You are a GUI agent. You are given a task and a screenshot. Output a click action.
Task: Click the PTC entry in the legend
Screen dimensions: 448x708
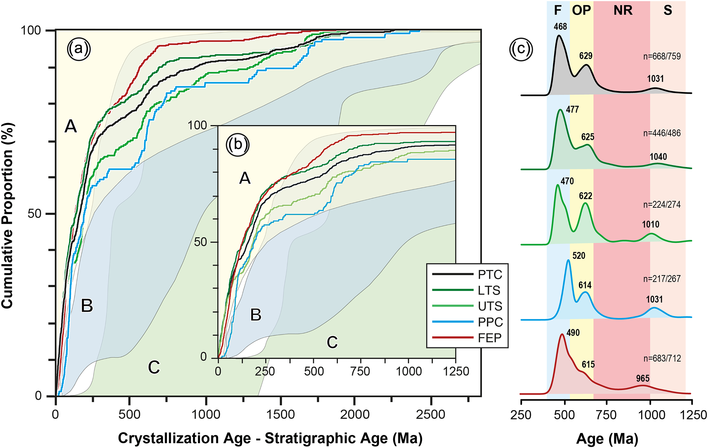click(x=490, y=275)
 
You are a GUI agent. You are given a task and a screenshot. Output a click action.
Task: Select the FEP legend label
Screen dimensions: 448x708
click(x=490, y=338)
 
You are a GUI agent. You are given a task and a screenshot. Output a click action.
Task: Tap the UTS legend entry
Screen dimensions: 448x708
click(x=490, y=306)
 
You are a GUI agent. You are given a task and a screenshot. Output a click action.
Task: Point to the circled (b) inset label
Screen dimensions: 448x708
click(x=238, y=144)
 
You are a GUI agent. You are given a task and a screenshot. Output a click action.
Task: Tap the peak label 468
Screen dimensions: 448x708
click(x=560, y=27)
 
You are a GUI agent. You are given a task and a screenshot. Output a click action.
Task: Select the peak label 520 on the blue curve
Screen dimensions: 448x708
click(x=579, y=256)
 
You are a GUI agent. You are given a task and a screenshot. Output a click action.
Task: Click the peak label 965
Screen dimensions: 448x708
click(x=643, y=378)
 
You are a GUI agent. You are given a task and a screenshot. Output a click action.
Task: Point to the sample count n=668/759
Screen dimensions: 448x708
click(x=662, y=56)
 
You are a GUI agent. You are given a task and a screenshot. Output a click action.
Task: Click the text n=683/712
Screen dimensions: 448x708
click(x=662, y=358)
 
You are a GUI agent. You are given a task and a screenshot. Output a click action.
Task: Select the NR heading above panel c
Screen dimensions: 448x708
click(x=623, y=10)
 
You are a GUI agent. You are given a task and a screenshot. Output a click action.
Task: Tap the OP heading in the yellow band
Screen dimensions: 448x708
click(x=581, y=10)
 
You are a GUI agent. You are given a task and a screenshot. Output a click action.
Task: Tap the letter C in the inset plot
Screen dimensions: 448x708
click(x=332, y=342)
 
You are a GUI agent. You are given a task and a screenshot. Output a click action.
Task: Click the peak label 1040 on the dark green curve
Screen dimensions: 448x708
click(x=658, y=157)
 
